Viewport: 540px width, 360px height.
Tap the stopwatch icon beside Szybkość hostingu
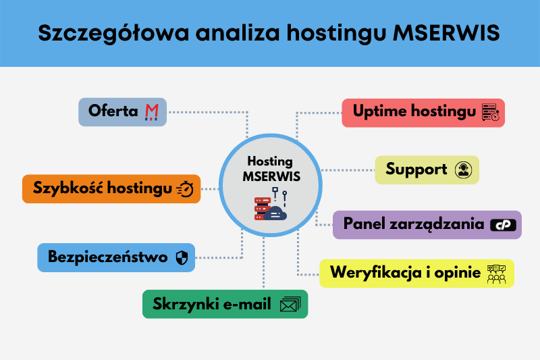186,190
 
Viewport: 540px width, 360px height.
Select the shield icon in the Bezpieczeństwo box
181,257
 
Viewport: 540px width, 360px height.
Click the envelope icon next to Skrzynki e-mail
290,305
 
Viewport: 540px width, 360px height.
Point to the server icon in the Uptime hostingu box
491,113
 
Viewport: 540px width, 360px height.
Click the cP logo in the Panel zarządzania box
504,225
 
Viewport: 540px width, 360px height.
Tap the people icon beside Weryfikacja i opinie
496,274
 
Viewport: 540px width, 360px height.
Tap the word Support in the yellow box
416,170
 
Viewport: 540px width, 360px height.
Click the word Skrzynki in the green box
181,304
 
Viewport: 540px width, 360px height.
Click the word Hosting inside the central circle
270,161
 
